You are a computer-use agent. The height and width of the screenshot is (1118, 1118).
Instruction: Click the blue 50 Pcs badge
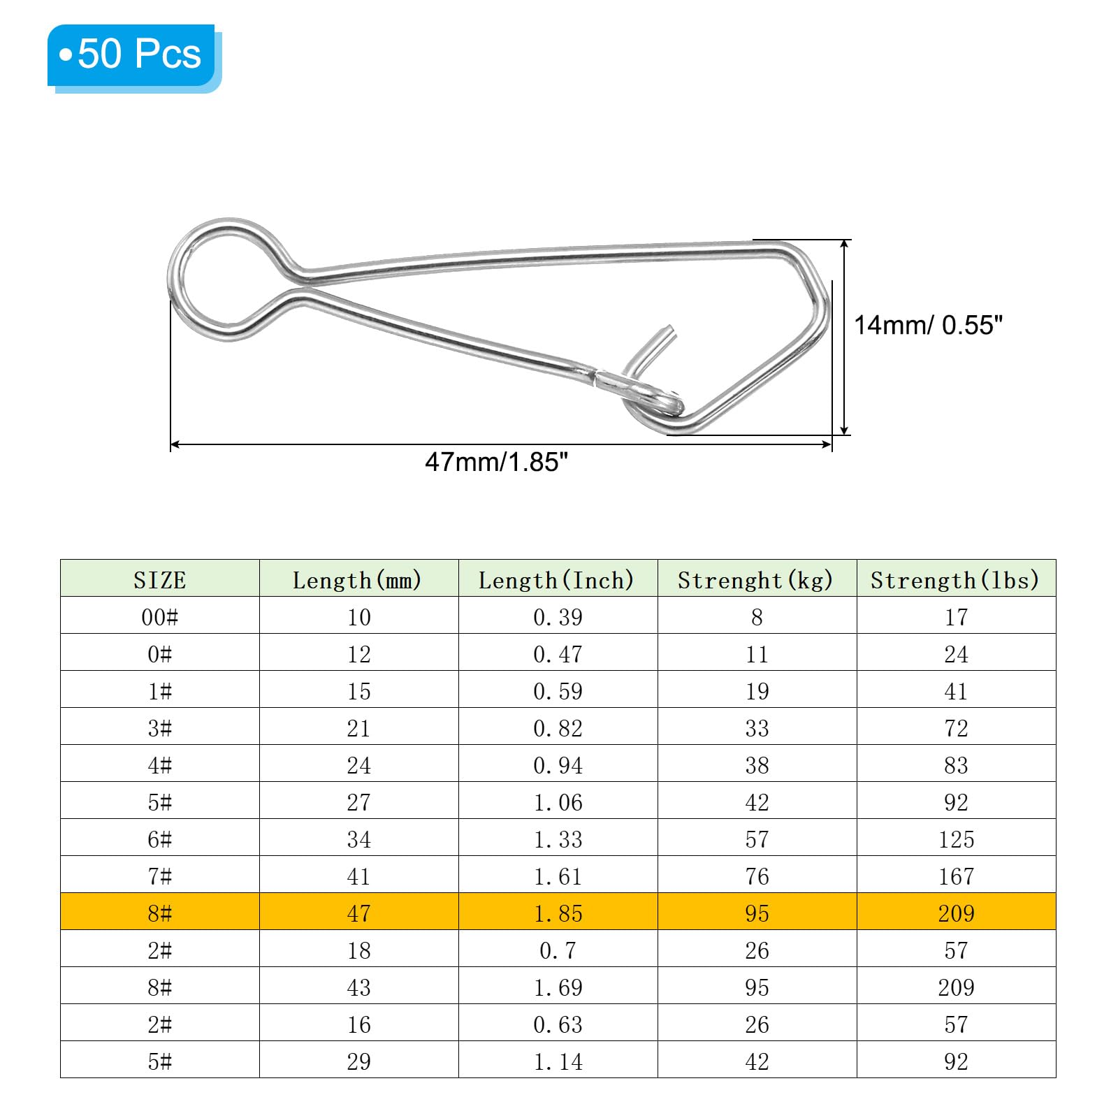(x=134, y=57)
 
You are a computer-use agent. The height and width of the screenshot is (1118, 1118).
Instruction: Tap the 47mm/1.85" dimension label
(x=496, y=462)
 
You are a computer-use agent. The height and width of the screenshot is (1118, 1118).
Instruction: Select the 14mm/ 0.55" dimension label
(x=928, y=325)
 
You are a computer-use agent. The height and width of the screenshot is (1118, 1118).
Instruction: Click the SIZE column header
(x=160, y=580)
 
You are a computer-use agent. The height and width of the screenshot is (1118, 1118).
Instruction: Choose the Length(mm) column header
(x=357, y=580)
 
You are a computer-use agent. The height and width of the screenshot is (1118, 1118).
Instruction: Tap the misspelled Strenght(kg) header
(x=755, y=580)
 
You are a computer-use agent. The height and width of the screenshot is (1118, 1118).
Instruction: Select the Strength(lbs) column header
(x=954, y=580)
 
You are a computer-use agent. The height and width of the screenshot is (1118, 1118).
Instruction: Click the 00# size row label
(x=160, y=617)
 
